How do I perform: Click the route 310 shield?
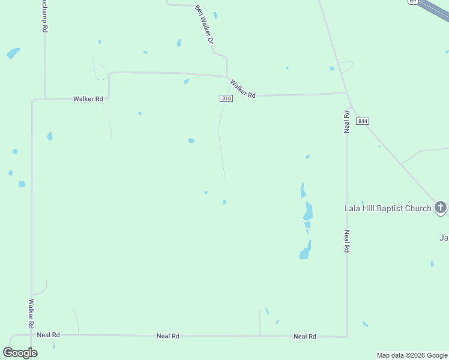[226, 98]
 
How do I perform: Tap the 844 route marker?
[362, 121]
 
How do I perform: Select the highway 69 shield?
[413, 2]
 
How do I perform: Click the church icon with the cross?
[441, 208]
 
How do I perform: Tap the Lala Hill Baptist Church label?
[388, 209]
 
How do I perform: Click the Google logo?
[20, 353]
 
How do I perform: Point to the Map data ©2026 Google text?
[412, 355]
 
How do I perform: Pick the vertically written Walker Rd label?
[30, 314]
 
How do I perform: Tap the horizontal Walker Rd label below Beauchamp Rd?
[88, 98]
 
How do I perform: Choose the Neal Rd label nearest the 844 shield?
[346, 121]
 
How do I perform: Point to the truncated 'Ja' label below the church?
[444, 238]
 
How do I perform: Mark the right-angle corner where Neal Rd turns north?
[346, 336]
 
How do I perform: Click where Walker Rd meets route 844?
[347, 93]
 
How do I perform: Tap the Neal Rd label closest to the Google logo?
[49, 335]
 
